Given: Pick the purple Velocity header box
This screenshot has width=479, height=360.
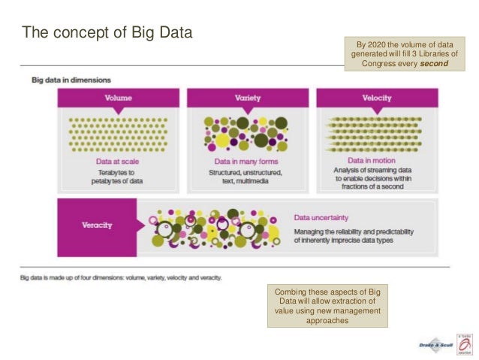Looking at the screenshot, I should (376, 98).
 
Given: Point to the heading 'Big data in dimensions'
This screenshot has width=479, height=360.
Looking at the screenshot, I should (71, 79).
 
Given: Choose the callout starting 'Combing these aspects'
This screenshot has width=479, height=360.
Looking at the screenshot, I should (327, 306).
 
